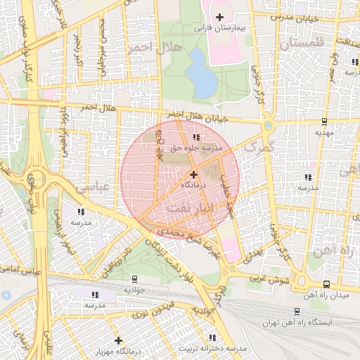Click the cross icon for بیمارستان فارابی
coord(220,16)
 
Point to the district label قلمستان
coord(302,43)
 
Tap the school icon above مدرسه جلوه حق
coord(194,137)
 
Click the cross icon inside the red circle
coord(193,173)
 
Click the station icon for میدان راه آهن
coord(326,284)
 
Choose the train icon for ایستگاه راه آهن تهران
coord(295,310)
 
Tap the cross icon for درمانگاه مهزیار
coord(118,340)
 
